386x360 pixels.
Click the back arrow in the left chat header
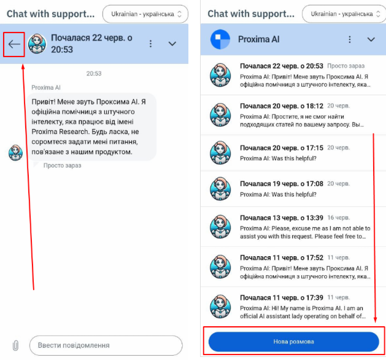[14, 44]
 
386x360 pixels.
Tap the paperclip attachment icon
[15, 345]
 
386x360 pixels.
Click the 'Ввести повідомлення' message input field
[106, 345]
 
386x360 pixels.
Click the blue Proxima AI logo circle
[220, 39]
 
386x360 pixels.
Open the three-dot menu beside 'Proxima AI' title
[350, 39]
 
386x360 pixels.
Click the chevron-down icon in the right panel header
[371, 39]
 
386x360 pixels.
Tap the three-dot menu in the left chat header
[151, 44]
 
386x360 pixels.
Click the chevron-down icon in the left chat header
[172, 44]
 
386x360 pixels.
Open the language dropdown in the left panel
[145, 14]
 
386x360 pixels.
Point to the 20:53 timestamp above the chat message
[94, 74]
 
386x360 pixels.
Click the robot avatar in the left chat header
[37, 44]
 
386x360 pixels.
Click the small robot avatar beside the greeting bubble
[15, 153]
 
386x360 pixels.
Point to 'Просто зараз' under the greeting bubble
[62, 166]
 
